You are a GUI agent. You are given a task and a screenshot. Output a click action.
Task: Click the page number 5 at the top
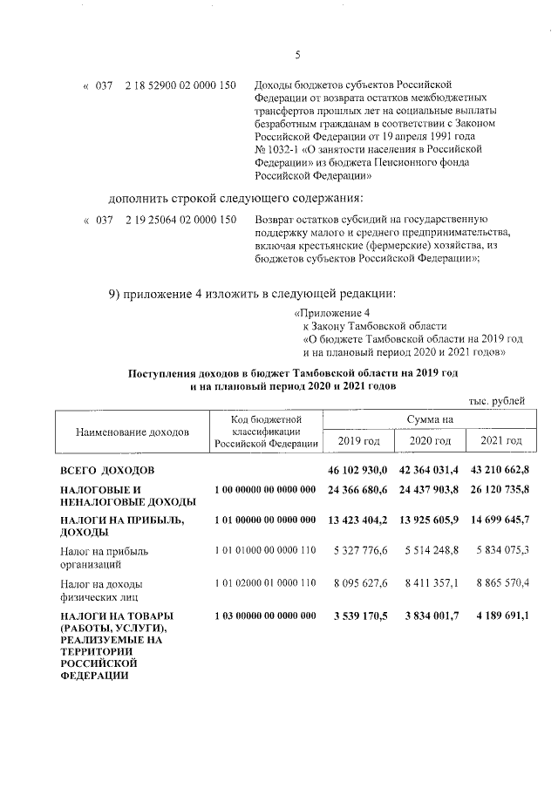coord(297,55)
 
